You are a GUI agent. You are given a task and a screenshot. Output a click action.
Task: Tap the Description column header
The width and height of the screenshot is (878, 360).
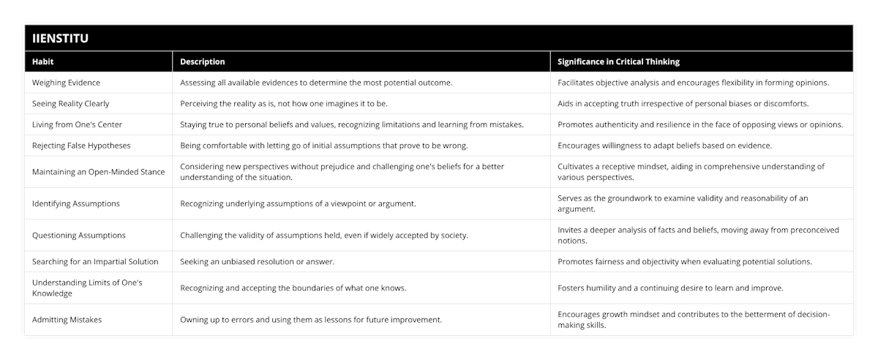click(x=202, y=62)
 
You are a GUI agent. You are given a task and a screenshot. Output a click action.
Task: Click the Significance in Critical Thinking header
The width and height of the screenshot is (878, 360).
click(x=618, y=62)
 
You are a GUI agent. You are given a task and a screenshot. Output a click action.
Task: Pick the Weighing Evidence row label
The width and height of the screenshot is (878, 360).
click(x=67, y=83)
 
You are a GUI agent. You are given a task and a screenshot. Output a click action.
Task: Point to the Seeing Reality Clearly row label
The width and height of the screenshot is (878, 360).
click(x=71, y=104)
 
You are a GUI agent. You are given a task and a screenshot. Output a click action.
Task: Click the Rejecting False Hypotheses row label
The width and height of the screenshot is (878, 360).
click(x=81, y=146)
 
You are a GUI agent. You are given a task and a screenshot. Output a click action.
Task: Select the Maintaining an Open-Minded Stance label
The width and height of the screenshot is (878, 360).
click(x=98, y=172)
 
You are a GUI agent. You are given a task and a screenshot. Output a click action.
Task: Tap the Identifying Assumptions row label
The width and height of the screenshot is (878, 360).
click(x=76, y=203)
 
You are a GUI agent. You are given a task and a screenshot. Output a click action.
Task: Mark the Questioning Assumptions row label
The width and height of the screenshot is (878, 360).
click(x=79, y=236)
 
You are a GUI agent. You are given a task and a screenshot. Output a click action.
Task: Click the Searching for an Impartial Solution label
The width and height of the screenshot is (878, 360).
click(x=95, y=261)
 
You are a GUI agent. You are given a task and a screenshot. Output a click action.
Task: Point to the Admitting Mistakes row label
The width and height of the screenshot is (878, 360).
click(x=67, y=320)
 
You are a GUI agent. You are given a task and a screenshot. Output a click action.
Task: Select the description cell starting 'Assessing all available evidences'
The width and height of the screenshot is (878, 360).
click(x=316, y=83)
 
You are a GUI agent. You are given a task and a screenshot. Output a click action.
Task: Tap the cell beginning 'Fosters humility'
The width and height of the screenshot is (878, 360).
click(x=669, y=288)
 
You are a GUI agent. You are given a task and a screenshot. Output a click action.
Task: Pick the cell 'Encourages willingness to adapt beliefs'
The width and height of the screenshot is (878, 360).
click(x=664, y=146)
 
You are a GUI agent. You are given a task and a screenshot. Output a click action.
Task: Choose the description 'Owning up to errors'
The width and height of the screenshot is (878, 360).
click(x=310, y=320)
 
